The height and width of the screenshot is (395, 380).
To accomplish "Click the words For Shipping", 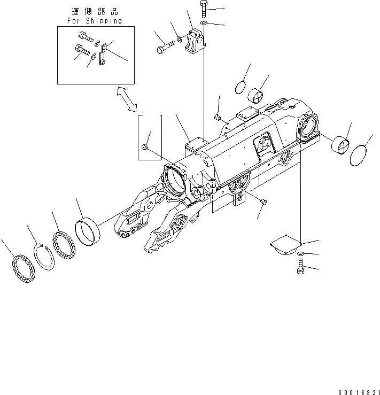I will point(94,21).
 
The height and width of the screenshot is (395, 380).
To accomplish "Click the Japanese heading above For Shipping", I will point(95,11).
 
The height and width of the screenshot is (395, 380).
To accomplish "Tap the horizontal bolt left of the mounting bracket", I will point(165,49).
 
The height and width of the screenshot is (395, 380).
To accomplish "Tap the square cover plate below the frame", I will point(285,245).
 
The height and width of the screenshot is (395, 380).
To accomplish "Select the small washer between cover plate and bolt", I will point(300,253).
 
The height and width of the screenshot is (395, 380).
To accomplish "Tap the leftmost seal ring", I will point(23,269).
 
